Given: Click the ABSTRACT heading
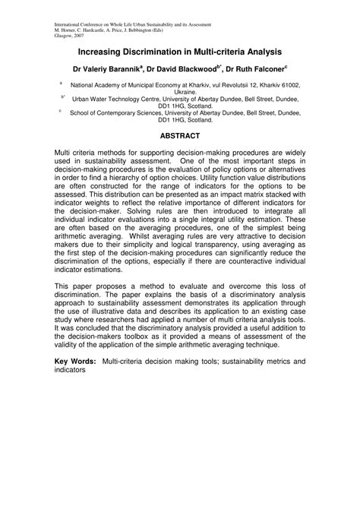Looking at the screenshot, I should tap(179, 137).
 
